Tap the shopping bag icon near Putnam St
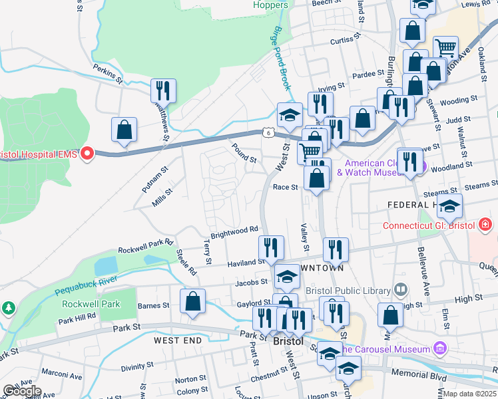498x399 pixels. point(124,129)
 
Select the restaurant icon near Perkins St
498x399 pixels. point(162,90)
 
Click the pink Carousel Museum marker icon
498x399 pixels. point(439,348)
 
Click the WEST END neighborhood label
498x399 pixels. point(177,340)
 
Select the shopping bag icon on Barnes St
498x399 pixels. point(192,301)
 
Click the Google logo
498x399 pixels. point(21,391)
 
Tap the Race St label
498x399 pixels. point(285,188)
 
